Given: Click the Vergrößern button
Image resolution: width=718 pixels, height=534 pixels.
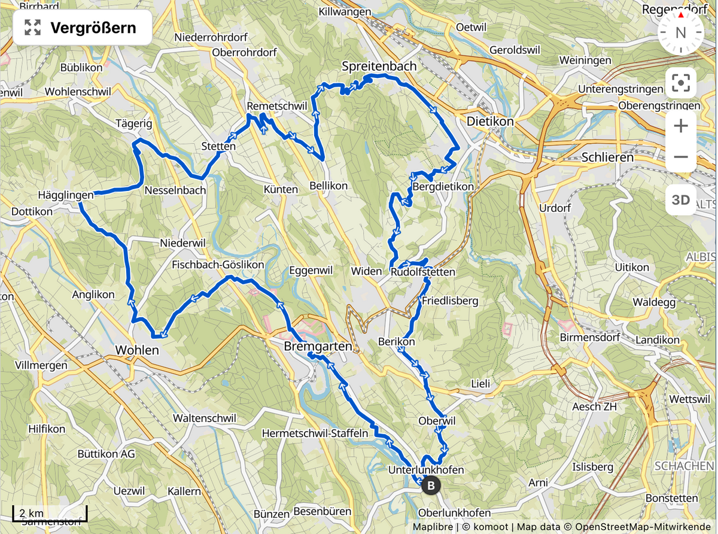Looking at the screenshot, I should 83,28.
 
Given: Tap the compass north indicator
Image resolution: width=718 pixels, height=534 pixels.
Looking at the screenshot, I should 680,32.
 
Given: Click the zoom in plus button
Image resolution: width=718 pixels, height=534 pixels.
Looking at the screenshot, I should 680,126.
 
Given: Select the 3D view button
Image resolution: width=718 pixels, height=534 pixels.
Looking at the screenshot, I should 680,200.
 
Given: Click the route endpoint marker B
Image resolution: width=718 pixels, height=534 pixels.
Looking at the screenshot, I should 430,486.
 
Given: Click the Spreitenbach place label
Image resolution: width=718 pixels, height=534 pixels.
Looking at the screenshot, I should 379,66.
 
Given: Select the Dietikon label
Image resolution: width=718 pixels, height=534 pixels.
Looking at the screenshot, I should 490,121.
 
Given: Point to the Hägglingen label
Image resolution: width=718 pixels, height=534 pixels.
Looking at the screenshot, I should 66,195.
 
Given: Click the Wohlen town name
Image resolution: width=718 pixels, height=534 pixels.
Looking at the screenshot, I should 137,350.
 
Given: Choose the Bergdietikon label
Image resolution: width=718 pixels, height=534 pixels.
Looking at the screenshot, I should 443,187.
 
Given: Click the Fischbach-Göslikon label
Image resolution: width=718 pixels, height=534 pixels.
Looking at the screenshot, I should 218,264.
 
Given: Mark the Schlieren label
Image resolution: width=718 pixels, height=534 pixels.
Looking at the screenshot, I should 607,157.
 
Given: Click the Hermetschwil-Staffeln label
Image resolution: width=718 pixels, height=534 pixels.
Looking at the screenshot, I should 315,433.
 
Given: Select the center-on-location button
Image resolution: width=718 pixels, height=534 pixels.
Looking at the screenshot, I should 680,83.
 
